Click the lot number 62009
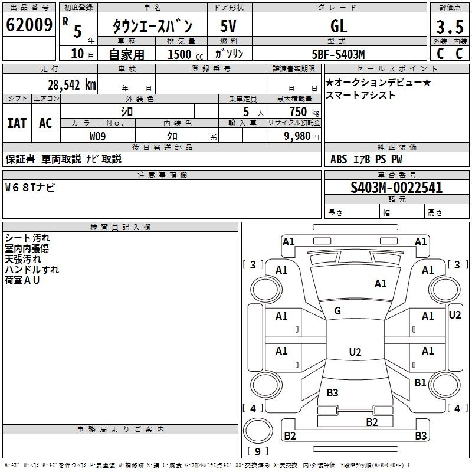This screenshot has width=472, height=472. (x=29, y=25)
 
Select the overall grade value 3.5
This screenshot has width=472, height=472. (x=450, y=27)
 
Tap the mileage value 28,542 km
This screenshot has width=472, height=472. (x=71, y=85)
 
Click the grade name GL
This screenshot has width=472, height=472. (x=339, y=26)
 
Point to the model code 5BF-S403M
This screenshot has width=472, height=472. (x=338, y=54)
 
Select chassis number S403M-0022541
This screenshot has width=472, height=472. (x=396, y=188)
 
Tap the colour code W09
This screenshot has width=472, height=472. (x=97, y=136)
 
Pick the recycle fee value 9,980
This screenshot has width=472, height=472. (x=297, y=136)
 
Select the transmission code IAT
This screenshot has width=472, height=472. (x=17, y=123)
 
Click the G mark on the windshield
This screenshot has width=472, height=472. (x=337, y=311)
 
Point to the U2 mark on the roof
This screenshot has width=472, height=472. (x=355, y=352)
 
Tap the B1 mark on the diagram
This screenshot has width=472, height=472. (x=420, y=382)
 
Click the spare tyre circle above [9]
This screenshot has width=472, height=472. (x=258, y=431)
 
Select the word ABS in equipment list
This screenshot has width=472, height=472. (x=339, y=159)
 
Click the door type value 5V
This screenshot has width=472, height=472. (x=228, y=26)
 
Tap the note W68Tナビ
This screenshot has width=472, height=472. (x=30, y=188)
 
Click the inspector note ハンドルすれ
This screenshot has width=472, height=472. (x=32, y=270)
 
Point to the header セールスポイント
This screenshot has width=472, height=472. (x=396, y=69)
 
